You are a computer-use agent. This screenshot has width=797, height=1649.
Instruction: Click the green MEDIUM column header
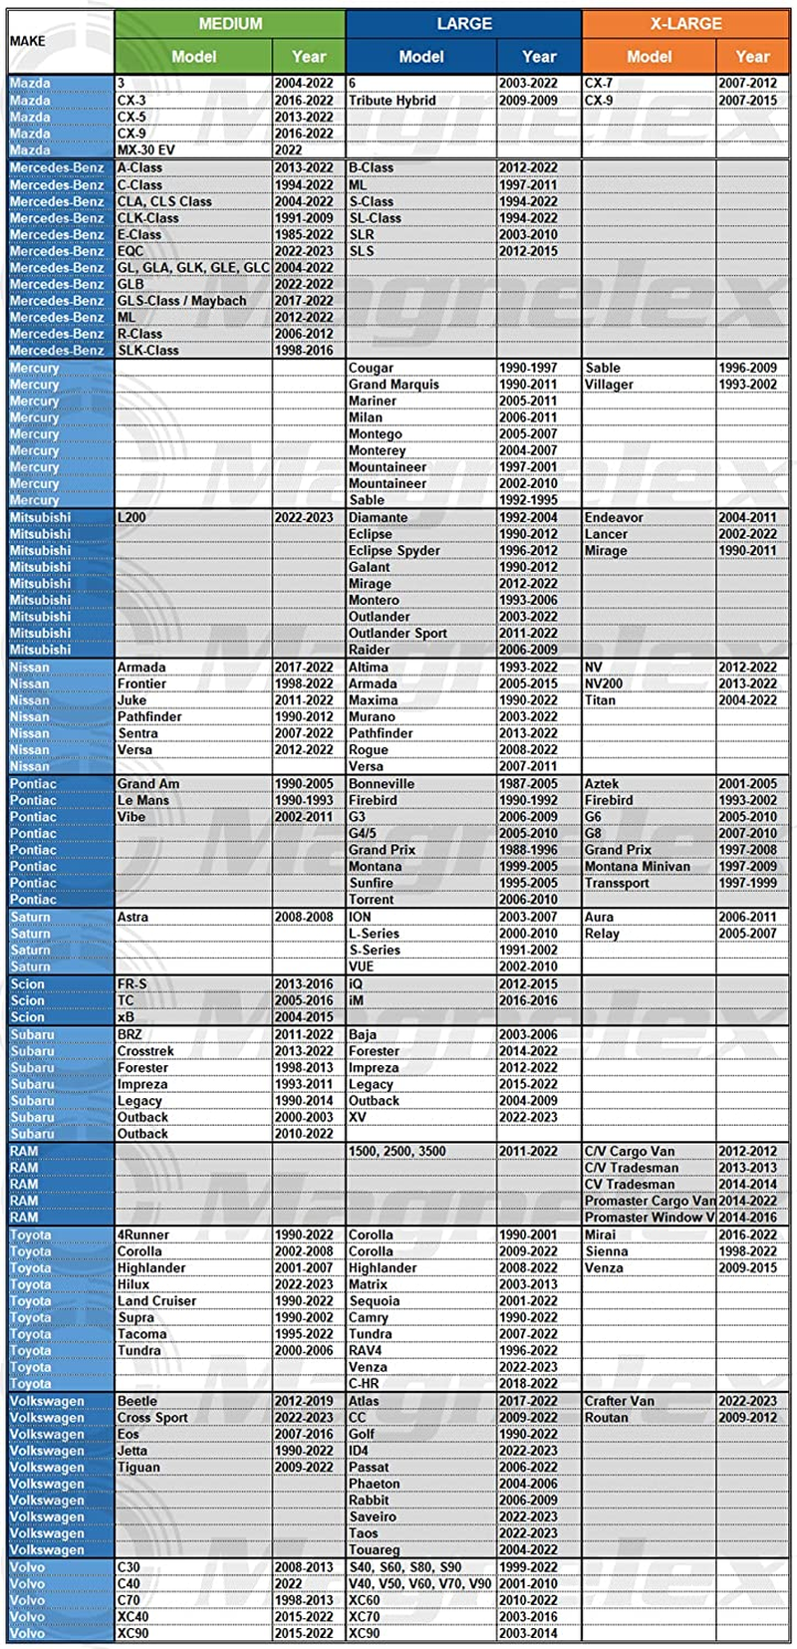point(230,23)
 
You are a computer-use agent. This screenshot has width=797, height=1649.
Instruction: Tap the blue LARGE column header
point(464,23)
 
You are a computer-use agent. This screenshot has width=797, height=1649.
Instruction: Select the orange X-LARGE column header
point(685,23)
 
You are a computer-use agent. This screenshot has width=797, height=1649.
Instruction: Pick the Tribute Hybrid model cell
point(393,101)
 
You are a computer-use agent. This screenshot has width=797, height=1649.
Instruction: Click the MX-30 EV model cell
point(146,150)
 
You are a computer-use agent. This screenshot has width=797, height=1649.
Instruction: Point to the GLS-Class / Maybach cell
point(182,301)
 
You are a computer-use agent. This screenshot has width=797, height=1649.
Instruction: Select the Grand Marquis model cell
point(395,385)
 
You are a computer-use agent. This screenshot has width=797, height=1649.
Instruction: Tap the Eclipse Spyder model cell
point(395,551)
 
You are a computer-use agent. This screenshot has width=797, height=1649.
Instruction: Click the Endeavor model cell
point(615,518)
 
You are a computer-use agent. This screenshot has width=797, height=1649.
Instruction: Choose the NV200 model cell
point(604,685)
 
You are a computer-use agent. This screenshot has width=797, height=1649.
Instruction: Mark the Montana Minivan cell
point(638,867)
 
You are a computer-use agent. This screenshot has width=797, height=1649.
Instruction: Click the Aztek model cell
point(602,784)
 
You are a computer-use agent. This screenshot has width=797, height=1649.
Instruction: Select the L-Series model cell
point(375,934)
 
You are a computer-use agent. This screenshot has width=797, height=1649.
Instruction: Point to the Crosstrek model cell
point(146,1051)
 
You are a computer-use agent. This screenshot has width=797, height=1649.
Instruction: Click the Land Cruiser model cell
point(157,1301)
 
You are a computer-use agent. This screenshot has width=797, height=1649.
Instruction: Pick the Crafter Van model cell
point(620,1401)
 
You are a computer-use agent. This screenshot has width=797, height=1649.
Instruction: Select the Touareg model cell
point(375,1550)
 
